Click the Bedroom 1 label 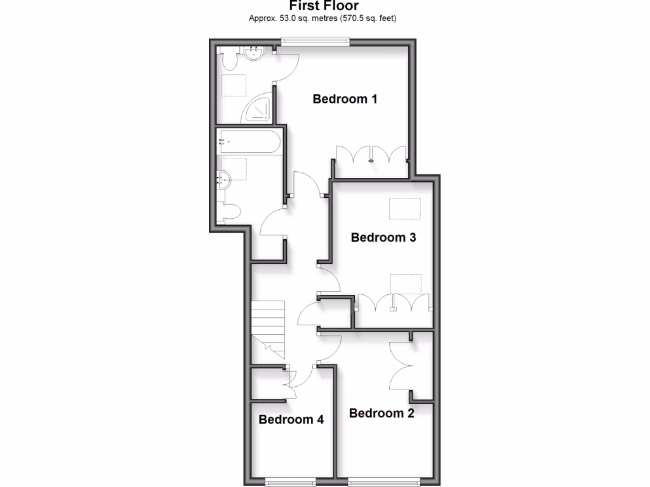[345, 99]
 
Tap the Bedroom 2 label [381, 413]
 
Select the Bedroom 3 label [383, 238]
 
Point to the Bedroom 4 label [291, 420]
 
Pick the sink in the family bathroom [224, 179]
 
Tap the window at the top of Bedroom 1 [315, 42]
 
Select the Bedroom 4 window [291, 483]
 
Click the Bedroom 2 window [384, 483]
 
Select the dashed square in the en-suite [234, 85]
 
